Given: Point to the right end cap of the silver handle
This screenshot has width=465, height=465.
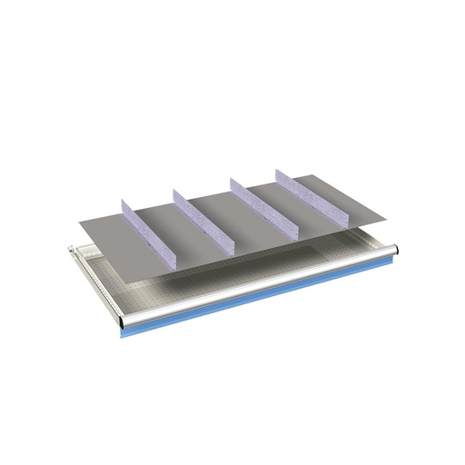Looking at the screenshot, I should pos(392,247).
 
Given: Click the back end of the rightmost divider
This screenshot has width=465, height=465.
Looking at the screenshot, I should pos(280,170).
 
